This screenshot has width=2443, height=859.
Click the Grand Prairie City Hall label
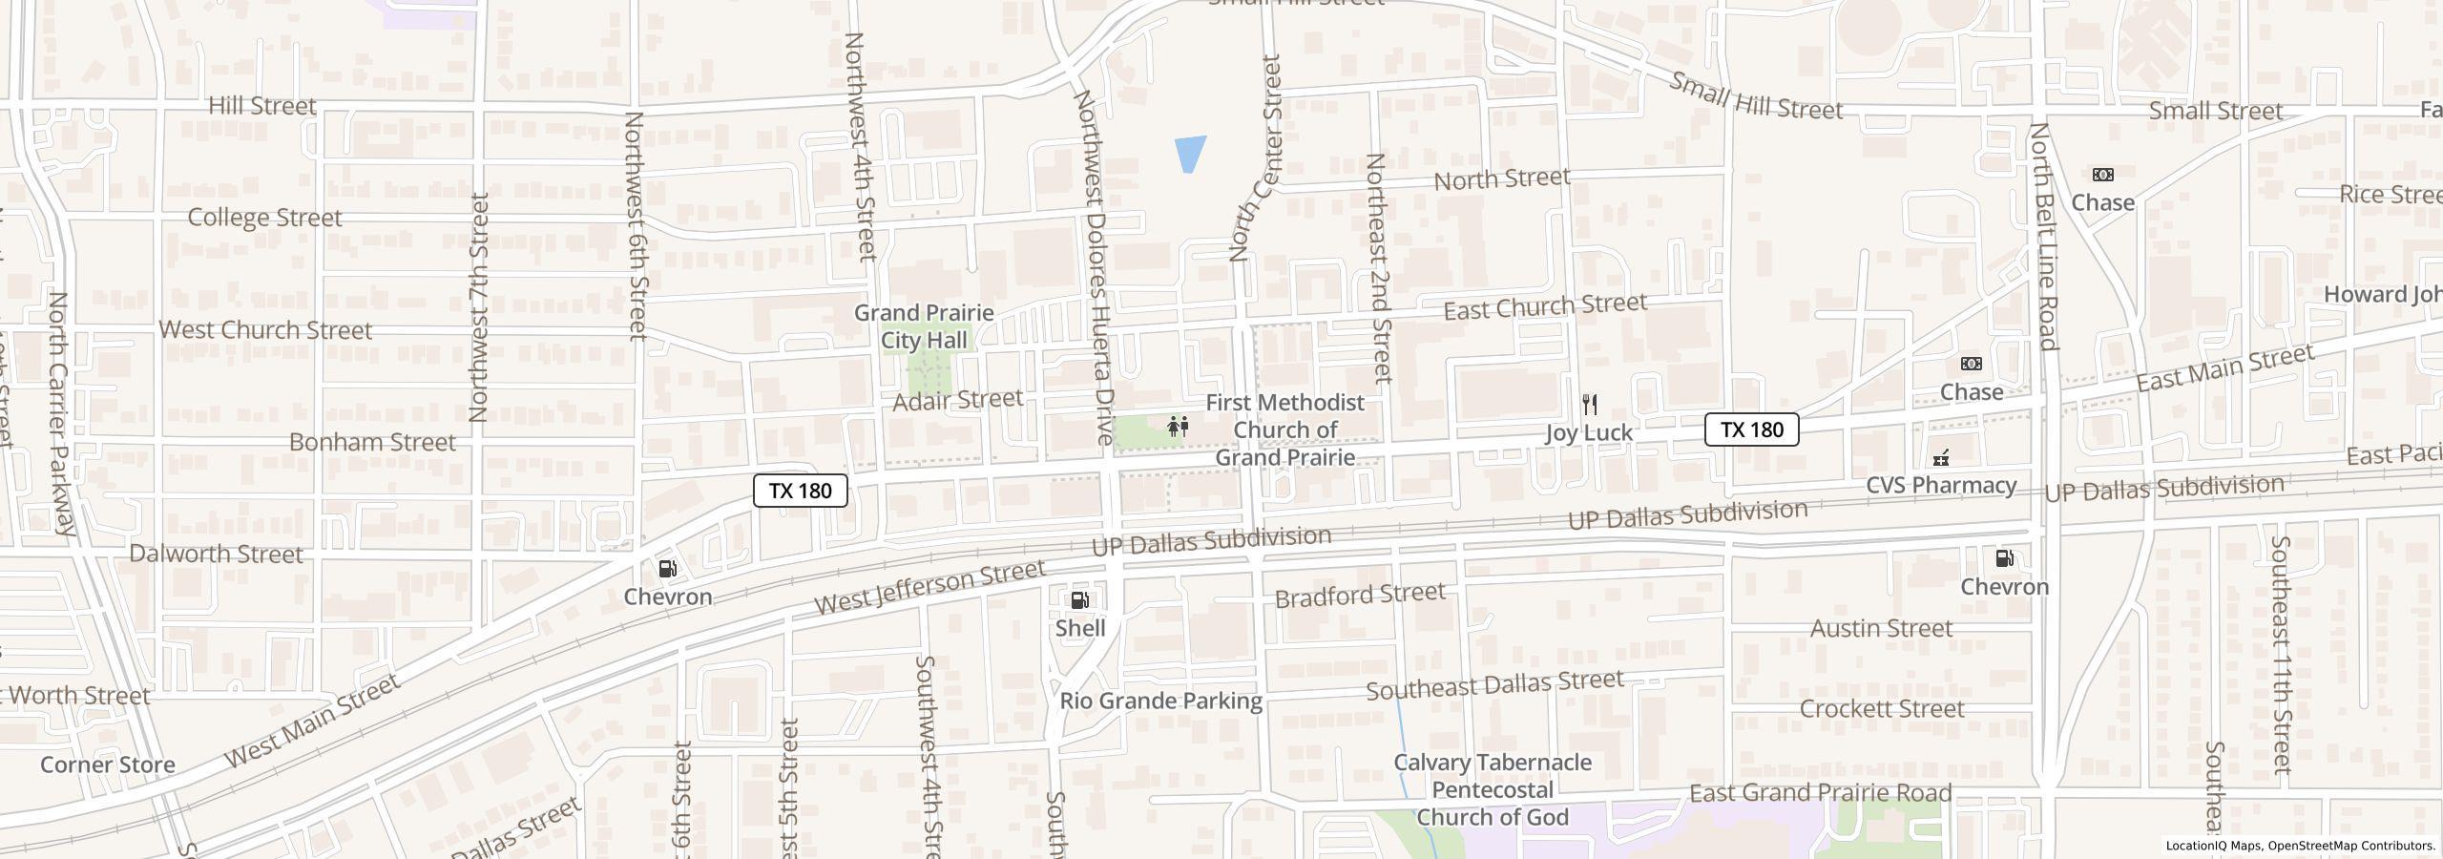click(x=923, y=326)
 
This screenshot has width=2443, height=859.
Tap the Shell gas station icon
click(x=1080, y=600)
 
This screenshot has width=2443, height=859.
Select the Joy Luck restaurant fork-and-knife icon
click(x=1589, y=405)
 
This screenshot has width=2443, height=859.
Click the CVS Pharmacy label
click(x=1941, y=485)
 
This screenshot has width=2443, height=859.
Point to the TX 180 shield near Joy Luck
click(x=1751, y=429)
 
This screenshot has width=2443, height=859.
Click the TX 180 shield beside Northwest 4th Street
click(x=800, y=491)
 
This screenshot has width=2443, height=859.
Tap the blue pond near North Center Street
click(x=1189, y=153)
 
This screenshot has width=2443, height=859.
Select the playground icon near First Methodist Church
click(x=1179, y=427)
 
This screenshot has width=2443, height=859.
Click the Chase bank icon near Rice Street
click(x=2102, y=175)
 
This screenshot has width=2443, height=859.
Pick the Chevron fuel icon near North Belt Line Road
click(x=2004, y=558)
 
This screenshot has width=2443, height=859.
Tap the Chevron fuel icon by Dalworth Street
click(x=668, y=569)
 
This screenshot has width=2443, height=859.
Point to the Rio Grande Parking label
click(x=1160, y=702)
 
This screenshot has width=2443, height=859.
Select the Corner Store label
click(x=108, y=765)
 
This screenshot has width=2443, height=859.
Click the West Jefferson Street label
click(x=929, y=587)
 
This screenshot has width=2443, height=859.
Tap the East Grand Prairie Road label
click(x=1820, y=793)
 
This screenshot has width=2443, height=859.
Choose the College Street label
click(x=264, y=218)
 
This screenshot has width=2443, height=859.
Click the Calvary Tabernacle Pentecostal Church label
click(x=1492, y=789)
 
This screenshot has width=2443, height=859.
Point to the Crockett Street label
click(x=1881, y=709)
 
